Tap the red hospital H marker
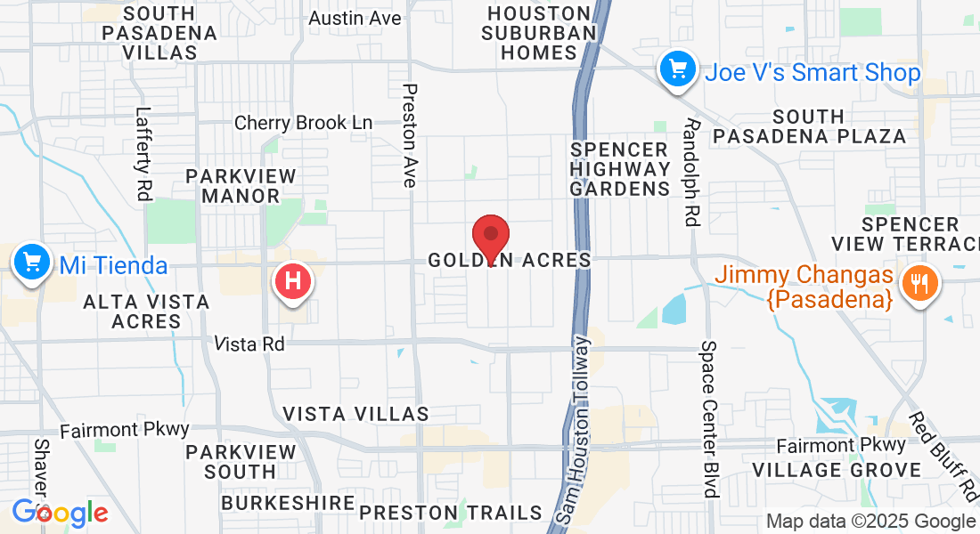coord(296,282)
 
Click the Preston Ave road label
coord(410,135)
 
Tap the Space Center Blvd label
coord(710,418)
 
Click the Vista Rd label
coord(249,343)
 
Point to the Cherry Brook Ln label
coord(303,123)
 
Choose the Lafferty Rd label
coord(143,152)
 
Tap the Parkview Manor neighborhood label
coord(233,185)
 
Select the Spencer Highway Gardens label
coord(620,168)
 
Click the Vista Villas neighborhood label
coord(355,414)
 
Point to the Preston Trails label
coord(450,512)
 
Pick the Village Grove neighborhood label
coord(837,469)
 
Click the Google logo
coord(60,513)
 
